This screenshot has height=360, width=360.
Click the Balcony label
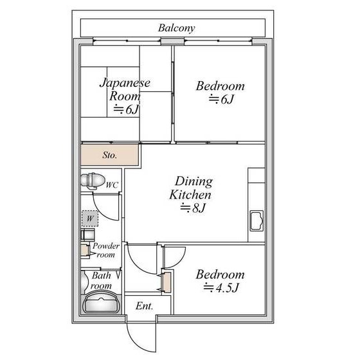[x=176, y=28]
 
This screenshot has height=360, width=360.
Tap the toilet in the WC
[x=93, y=181]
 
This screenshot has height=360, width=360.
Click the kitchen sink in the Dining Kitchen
[x=256, y=221]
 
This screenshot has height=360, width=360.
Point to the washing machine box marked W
[x=90, y=219]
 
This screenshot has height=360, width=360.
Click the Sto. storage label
[x=110, y=155]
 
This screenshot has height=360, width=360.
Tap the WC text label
[x=112, y=185]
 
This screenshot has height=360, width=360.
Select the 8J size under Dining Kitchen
[x=192, y=208]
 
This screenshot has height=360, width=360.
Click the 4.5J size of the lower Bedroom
[x=221, y=288]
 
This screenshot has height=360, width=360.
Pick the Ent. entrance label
[x=144, y=306]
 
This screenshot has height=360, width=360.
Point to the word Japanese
[x=125, y=83]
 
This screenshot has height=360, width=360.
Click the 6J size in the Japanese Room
[x=127, y=109]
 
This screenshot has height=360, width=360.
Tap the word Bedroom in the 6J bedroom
[x=220, y=86]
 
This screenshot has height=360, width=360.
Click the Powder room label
[x=105, y=250]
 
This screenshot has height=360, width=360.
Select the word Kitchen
[x=190, y=195]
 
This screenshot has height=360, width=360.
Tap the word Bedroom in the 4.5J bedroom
[x=220, y=274]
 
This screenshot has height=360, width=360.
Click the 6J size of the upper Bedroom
[x=221, y=99]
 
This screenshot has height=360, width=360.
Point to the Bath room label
[x=101, y=280]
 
